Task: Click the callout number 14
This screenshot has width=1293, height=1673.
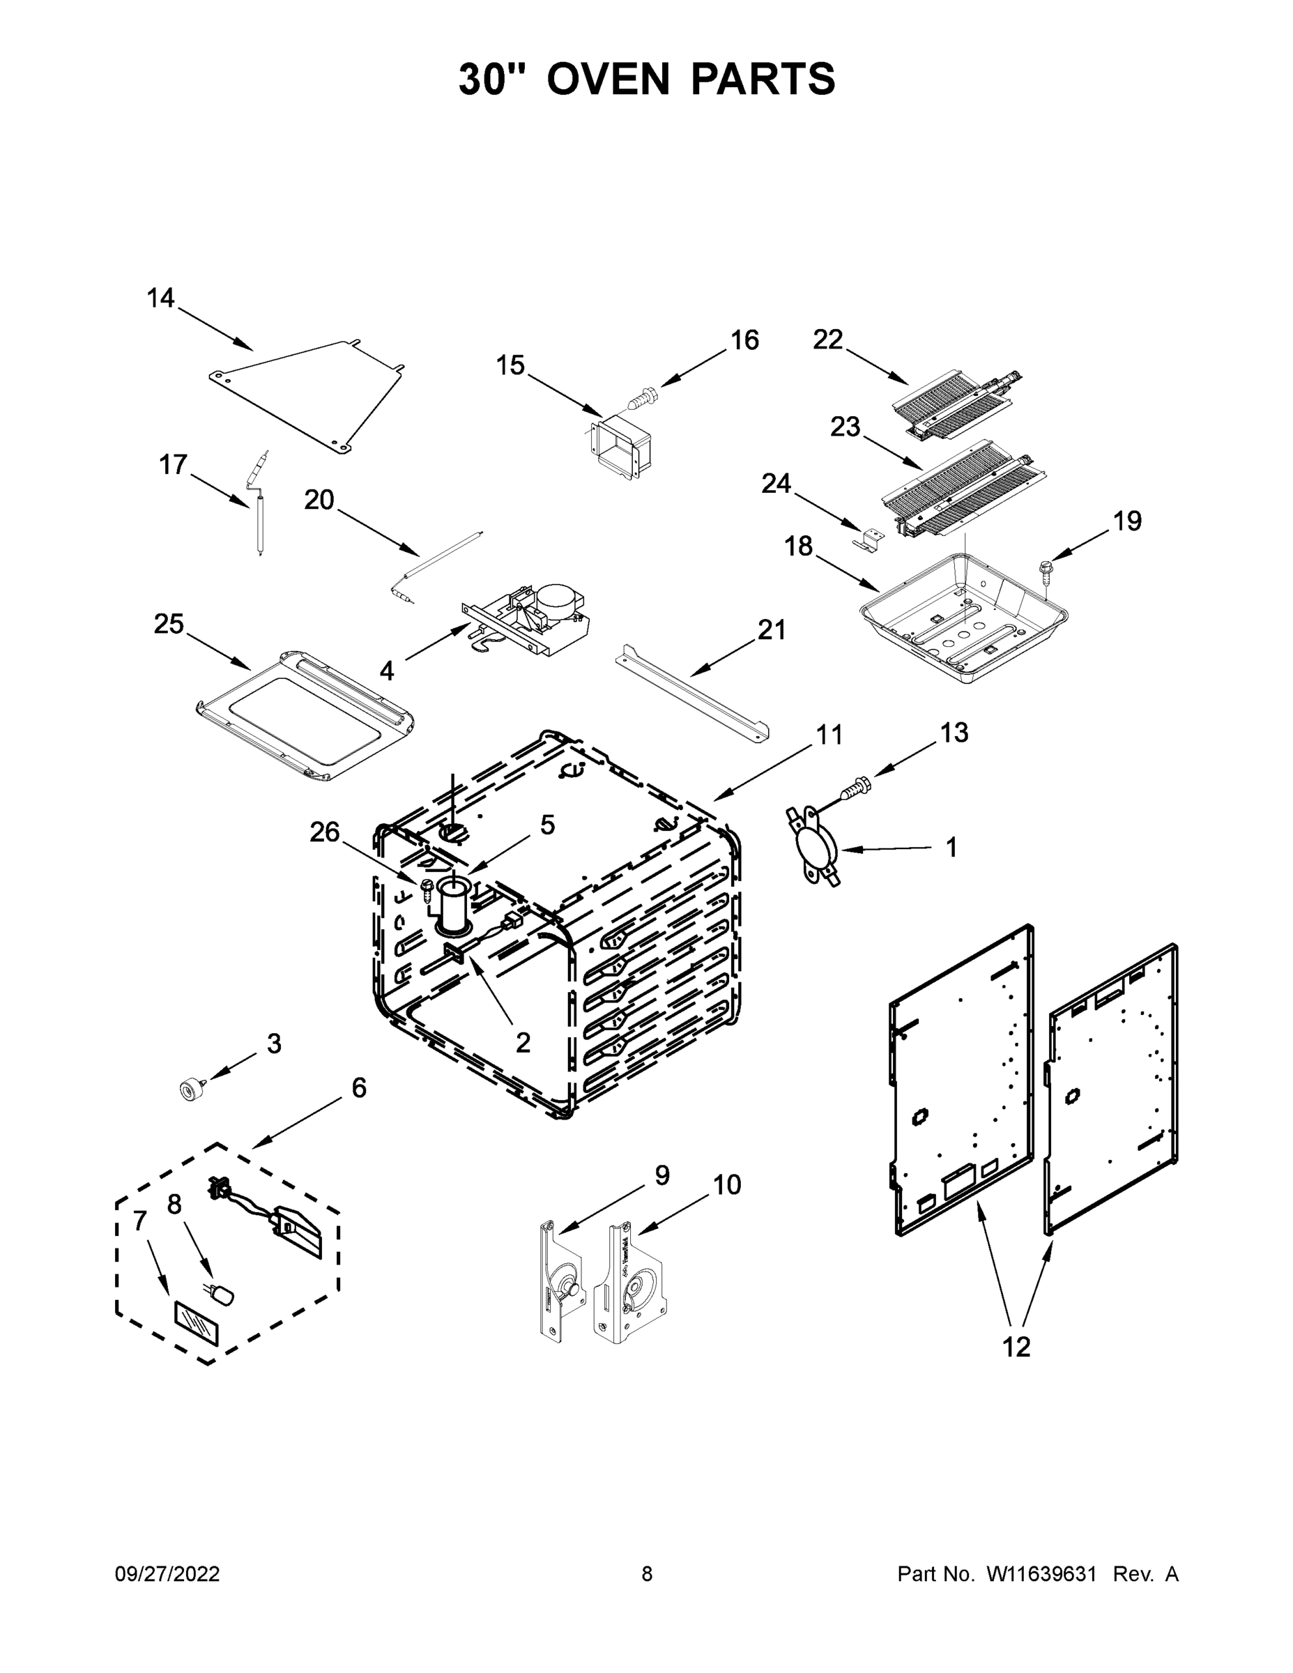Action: click(x=160, y=298)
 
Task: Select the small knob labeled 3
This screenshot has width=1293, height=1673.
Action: click(x=188, y=1089)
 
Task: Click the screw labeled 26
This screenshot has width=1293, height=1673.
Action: click(x=427, y=890)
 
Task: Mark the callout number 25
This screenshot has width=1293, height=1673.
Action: click(x=169, y=624)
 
